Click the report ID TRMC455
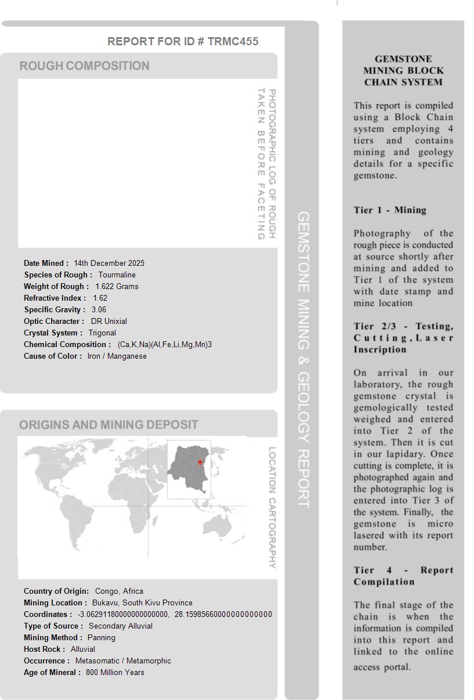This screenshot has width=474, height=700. point(233,41)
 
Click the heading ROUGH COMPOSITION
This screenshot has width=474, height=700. point(85,66)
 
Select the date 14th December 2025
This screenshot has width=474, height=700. point(109,263)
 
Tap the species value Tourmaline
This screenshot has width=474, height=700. point(117,275)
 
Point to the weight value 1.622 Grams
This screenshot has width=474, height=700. point(117,286)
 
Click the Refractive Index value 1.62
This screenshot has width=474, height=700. point(100,298)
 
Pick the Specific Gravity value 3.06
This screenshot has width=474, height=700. point(99,309)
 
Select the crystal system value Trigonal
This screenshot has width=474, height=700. point(102,333)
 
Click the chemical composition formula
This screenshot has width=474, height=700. point(165,344)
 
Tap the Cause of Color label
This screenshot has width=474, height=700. point(53,356)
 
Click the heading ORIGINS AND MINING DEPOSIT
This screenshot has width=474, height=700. point(108,425)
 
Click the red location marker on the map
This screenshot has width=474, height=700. point(200,463)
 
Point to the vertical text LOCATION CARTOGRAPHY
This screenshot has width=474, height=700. point(272,507)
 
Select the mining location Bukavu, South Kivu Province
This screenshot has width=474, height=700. point(142,602)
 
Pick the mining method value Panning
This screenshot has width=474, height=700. point(102,637)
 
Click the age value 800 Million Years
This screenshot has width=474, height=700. point(115,672)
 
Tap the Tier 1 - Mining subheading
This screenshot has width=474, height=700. point(390,210)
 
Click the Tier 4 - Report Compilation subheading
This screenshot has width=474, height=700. point(403,576)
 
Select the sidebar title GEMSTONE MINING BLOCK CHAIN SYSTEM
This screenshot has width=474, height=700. point(403,70)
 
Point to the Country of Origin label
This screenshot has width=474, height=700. point(56,591)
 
